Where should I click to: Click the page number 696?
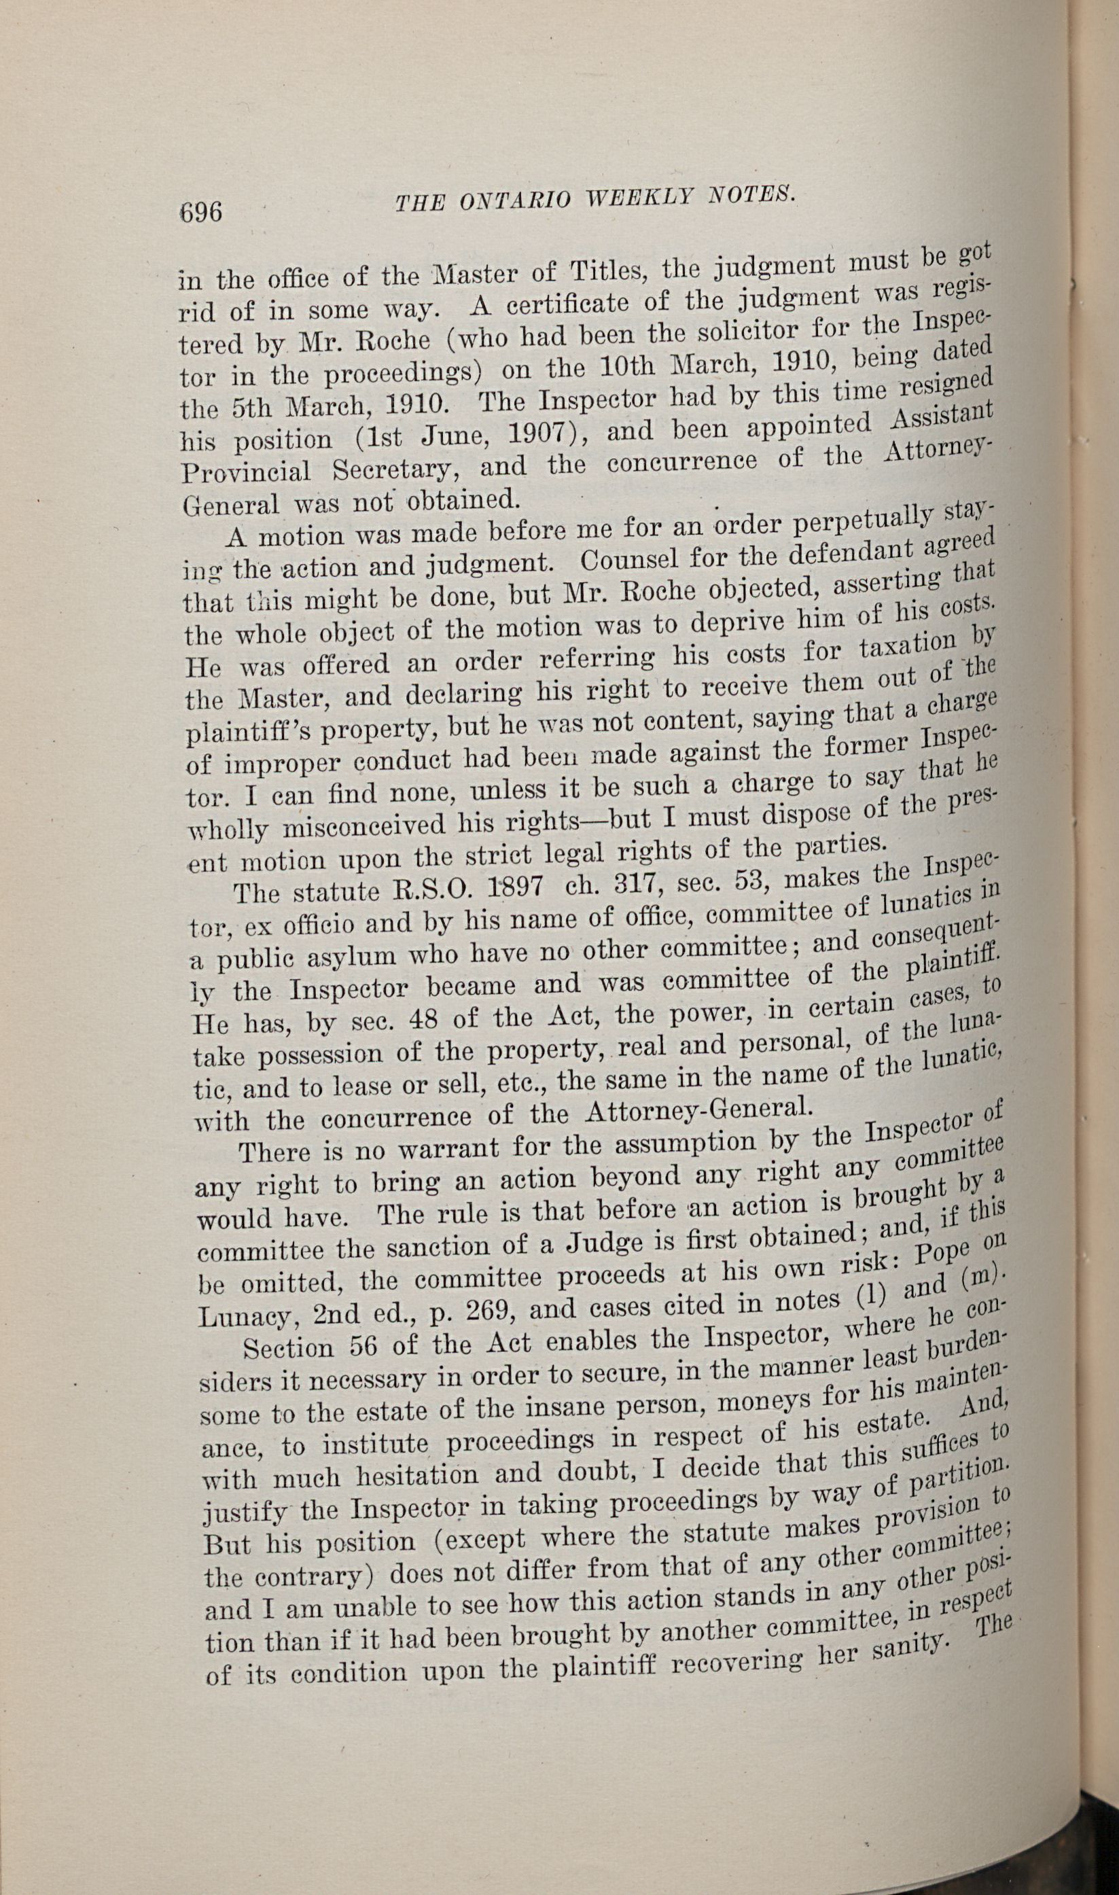coord(200,212)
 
